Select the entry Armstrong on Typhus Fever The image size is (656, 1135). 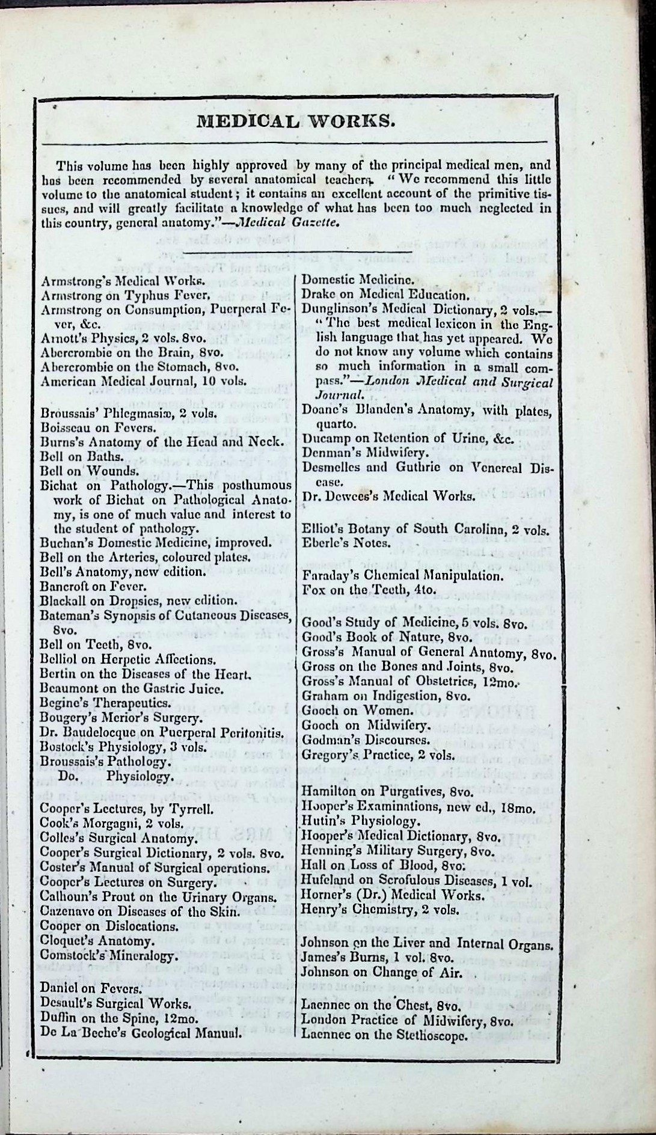click(125, 295)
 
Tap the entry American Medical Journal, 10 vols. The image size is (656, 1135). click(144, 381)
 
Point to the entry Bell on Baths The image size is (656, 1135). click(82, 456)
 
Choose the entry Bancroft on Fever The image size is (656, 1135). click(93, 586)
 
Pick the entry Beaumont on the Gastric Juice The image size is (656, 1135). click(132, 689)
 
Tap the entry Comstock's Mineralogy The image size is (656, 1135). click(108, 955)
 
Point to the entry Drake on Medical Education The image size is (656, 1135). click(385, 295)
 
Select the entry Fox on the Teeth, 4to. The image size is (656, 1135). click(368, 590)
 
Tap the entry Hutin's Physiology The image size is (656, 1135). click(359, 821)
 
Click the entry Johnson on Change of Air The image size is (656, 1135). click(382, 972)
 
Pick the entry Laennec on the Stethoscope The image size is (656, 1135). click(384, 1035)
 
